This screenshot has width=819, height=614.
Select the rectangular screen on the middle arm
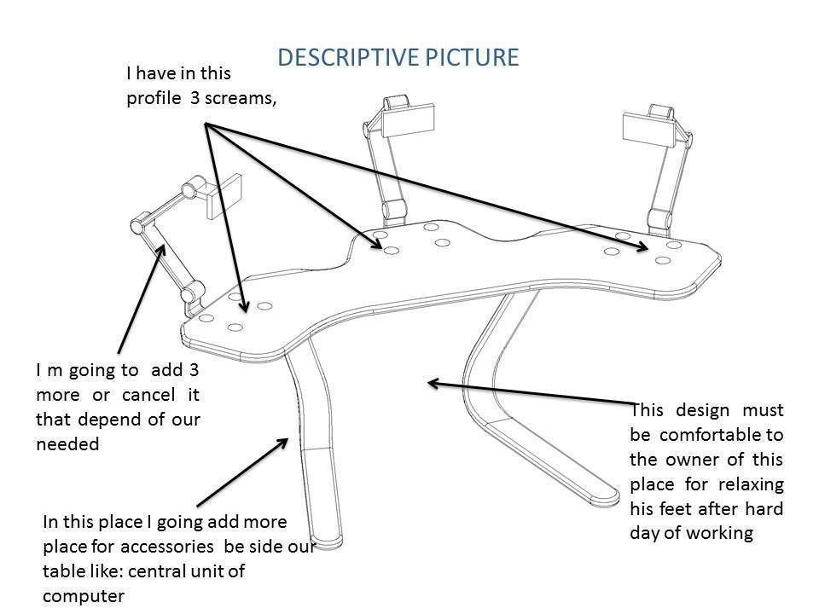pos(408,124)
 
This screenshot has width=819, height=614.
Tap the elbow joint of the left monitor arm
pos(137,226)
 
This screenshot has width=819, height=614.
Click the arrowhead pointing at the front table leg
pos(285,440)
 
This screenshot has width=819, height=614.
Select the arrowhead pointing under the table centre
pos(433,384)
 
